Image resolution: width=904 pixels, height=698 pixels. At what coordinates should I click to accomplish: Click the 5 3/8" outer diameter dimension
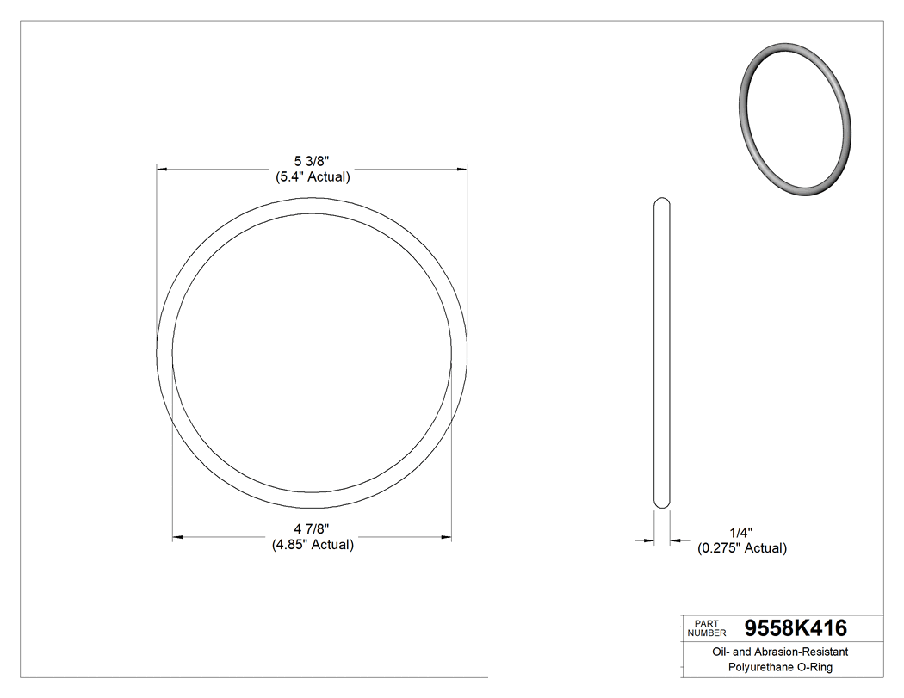(312, 161)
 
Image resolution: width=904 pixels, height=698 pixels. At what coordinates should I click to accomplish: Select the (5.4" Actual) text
(312, 177)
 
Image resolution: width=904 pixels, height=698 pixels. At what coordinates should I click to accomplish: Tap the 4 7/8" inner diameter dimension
(312, 528)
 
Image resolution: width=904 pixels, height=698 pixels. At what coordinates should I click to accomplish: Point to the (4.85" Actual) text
(313, 545)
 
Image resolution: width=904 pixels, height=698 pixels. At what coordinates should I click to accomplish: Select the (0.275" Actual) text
(741, 548)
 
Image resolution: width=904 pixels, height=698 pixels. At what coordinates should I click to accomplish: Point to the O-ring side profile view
(661, 353)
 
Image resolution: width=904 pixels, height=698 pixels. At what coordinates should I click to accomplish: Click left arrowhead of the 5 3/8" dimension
(161, 170)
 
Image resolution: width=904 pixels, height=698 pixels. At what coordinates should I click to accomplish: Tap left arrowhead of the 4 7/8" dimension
(177, 538)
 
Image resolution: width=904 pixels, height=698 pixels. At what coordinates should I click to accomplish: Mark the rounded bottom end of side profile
(661, 503)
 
